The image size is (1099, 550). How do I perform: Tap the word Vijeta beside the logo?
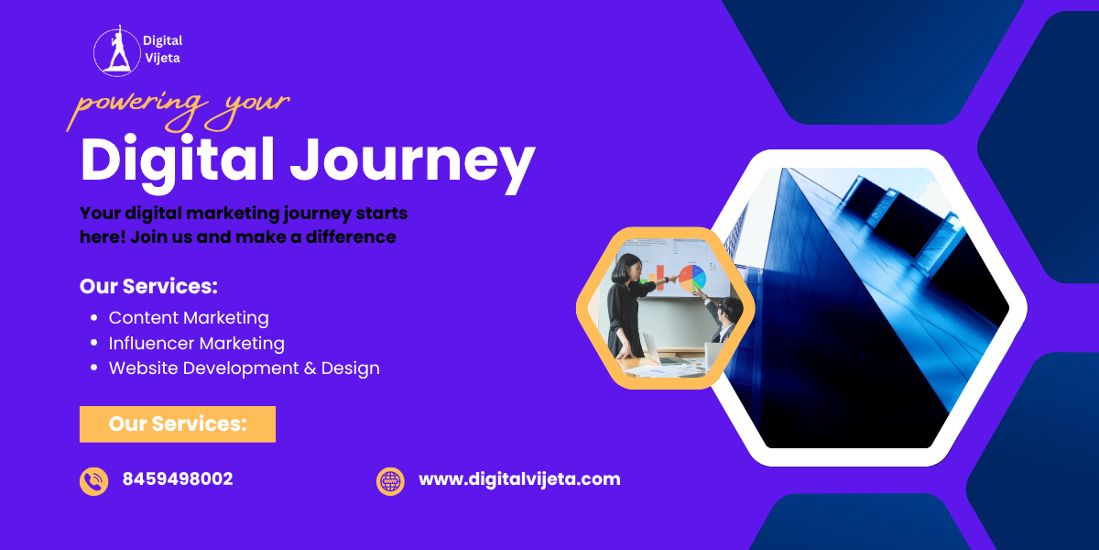(x=161, y=57)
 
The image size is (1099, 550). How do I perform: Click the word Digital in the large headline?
(x=178, y=159)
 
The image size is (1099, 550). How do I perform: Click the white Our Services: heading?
(x=148, y=286)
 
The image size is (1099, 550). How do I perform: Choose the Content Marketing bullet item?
(x=189, y=318)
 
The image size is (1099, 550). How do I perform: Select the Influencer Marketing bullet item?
(x=196, y=343)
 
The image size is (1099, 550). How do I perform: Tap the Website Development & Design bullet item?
(x=244, y=368)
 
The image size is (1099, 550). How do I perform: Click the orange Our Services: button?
(x=178, y=423)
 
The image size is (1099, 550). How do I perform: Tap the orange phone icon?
(x=93, y=480)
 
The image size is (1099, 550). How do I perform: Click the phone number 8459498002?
(x=178, y=478)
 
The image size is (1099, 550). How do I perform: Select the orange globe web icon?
(x=390, y=480)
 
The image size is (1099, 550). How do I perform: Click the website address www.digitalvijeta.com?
(x=519, y=478)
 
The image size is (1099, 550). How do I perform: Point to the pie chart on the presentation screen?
(x=692, y=278)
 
